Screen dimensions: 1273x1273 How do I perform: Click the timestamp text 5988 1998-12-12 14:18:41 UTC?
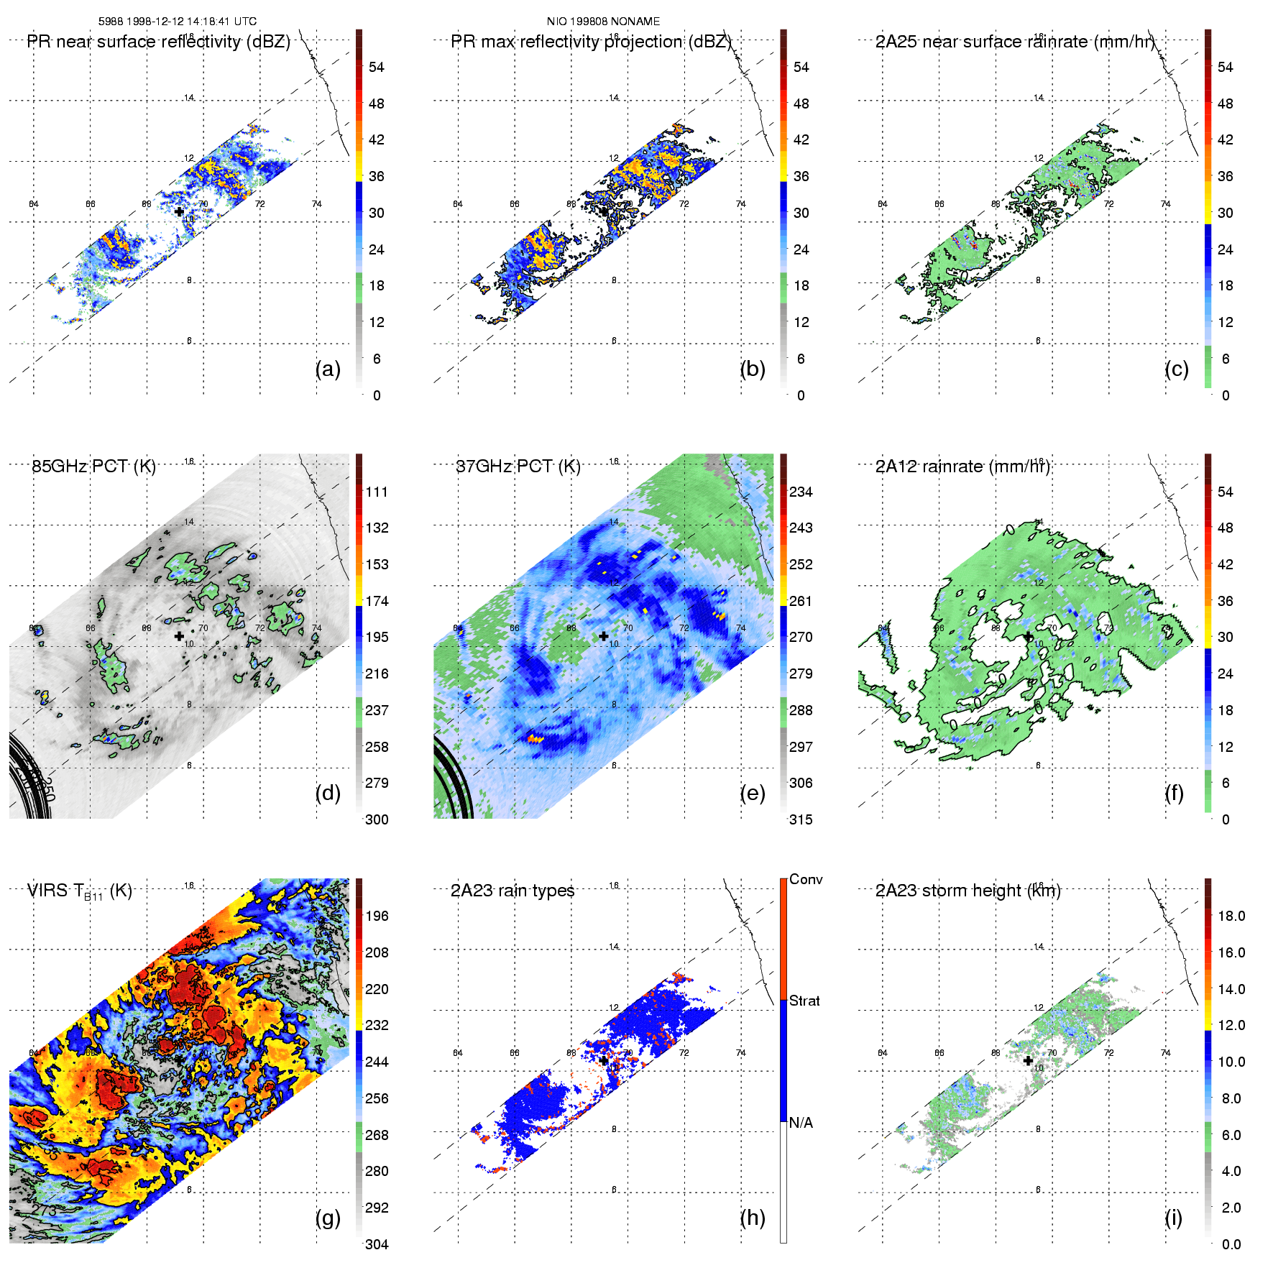pos(178,22)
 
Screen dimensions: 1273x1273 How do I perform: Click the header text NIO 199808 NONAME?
pos(603,22)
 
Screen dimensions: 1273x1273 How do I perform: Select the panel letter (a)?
pos(328,369)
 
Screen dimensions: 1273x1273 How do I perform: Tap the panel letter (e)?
pos(753,794)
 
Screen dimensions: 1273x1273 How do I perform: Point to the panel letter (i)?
pos(1173,1218)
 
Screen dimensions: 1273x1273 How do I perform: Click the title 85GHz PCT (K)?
pos(93,467)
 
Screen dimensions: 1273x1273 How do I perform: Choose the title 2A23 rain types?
pos(513,891)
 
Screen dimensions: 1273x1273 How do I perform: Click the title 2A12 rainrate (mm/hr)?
pos(962,467)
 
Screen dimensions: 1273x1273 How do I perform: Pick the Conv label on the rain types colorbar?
pos(806,880)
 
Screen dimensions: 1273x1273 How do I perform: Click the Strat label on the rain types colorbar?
pos(804,1001)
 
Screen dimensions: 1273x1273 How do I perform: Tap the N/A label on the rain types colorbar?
pos(801,1123)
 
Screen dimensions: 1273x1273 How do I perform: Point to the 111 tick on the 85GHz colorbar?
pos(377,492)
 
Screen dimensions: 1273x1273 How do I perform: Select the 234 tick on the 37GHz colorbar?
pos(801,492)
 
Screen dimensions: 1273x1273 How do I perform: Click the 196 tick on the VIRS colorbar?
pos(377,916)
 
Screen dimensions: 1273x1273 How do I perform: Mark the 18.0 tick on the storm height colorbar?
pos(1231,916)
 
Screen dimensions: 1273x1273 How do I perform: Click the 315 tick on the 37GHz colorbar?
pos(801,820)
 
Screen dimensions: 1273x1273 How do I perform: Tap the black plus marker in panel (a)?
pos(179,212)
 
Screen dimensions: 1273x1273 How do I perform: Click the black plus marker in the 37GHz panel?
pos(604,636)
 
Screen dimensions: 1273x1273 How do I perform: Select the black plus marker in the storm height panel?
pos(1028,1061)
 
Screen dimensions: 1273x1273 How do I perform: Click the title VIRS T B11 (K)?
pos(80,891)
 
